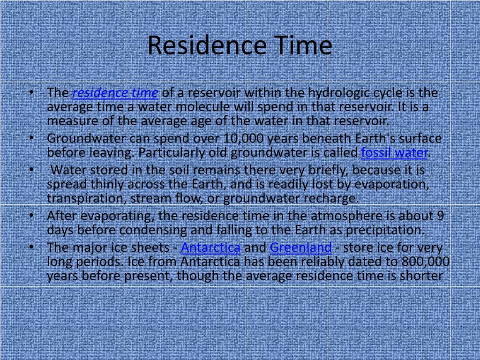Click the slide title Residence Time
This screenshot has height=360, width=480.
click(x=240, y=46)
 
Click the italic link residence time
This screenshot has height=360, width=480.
click(x=115, y=93)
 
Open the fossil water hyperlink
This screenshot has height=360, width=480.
click(x=395, y=153)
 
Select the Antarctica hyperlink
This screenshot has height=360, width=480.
click(x=210, y=247)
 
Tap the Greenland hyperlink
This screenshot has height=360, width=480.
click(x=300, y=247)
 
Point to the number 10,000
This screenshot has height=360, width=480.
click(x=245, y=139)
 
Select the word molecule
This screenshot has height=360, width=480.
click(x=194, y=107)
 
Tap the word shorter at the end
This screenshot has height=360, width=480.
click(x=421, y=276)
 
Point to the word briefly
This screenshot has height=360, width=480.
click(x=327, y=170)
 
